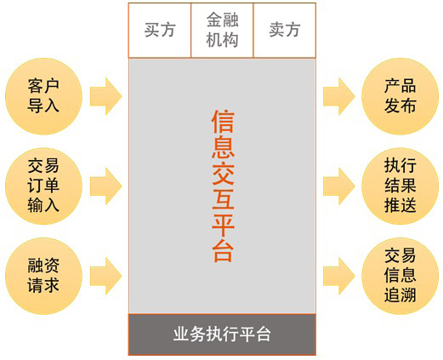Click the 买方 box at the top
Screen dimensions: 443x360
160,31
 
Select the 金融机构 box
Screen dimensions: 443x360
222,31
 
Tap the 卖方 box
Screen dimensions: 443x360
285,31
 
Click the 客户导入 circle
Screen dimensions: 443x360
43,96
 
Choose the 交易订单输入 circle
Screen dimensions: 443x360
43,186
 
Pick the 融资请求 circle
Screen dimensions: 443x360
43,276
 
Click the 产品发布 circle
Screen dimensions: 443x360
400,96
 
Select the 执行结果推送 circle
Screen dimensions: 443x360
400,186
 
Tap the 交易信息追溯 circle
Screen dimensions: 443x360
400,276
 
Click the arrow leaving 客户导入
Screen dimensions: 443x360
106,96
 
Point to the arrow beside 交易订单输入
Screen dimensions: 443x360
106,186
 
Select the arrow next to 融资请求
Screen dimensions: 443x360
106,276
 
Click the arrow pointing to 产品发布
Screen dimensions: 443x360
339,96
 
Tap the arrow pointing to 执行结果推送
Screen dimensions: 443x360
339,186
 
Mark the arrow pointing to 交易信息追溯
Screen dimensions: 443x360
339,276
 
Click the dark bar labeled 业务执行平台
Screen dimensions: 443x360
222,334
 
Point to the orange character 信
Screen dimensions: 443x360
223,122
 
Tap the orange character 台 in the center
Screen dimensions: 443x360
223,250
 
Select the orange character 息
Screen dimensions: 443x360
223,147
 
